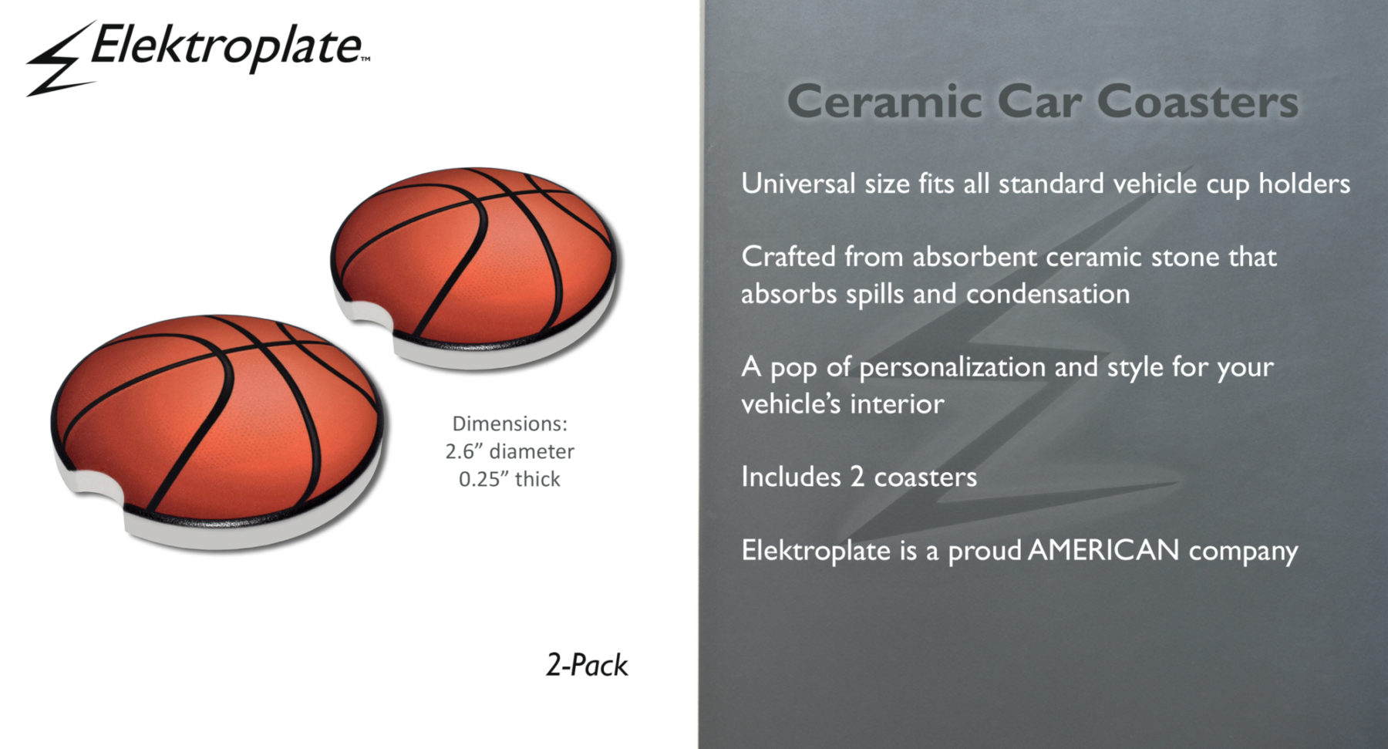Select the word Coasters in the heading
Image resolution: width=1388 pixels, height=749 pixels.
pos(1198,102)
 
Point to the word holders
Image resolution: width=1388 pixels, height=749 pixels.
pos(1304,184)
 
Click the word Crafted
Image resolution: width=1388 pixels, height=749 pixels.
pos(788,256)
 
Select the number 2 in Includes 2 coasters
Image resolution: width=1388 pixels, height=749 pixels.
pos(857,477)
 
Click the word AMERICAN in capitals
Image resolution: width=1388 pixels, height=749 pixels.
pos(1103,550)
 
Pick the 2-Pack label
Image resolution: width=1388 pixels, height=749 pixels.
pos(587,665)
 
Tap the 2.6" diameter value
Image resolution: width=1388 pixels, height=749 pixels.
pos(510,450)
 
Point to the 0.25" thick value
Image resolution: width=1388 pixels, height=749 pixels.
pos(510,479)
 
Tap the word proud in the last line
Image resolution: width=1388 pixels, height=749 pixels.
pos(985,552)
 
